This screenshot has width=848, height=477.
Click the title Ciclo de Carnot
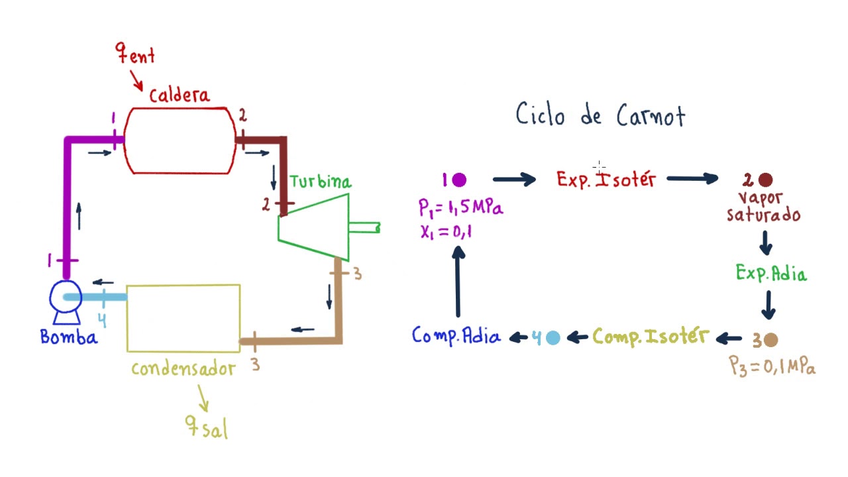pos(600,115)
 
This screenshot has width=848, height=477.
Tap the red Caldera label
pos(179,95)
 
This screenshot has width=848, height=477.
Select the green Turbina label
pos(320,182)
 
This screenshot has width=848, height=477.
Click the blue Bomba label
pos(69,337)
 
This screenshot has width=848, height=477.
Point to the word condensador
pos(183,369)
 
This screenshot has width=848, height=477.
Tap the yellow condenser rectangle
pos(183,318)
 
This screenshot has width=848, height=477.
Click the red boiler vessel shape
pos(180,140)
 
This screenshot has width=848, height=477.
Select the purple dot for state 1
pos(459,180)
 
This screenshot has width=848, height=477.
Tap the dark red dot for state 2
pos(766,180)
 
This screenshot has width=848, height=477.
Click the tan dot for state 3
pos(770,340)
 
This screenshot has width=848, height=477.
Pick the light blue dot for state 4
pos(553,338)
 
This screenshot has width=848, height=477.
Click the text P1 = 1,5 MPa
pos(460,207)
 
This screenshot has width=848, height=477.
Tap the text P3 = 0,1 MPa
pos(772,366)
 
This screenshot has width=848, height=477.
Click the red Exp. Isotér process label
pos(606,180)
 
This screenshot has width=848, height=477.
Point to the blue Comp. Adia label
pos(456,337)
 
